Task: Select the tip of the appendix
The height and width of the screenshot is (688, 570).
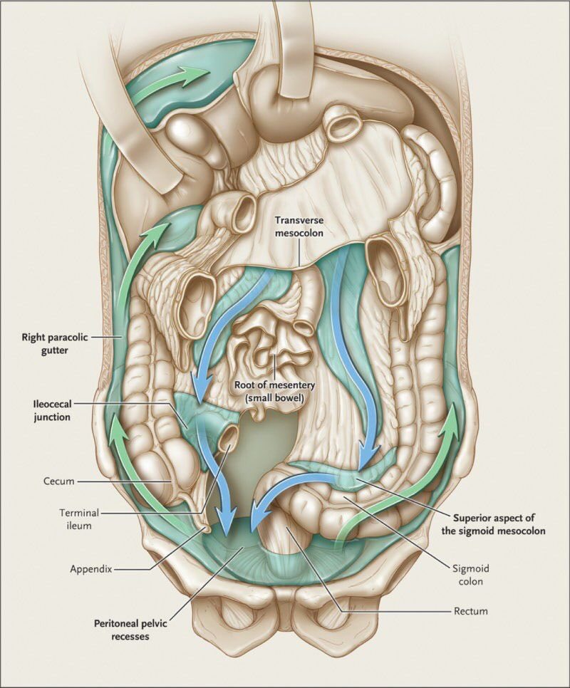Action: click(206, 528)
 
